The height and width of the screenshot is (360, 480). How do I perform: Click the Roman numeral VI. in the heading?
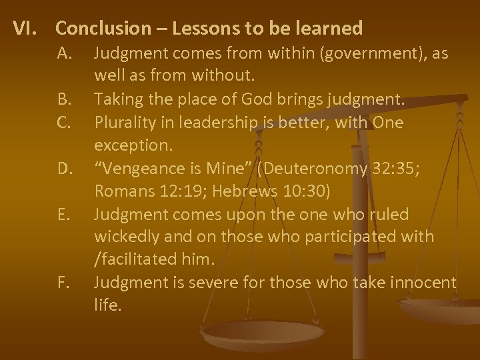(x=28, y=29)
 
